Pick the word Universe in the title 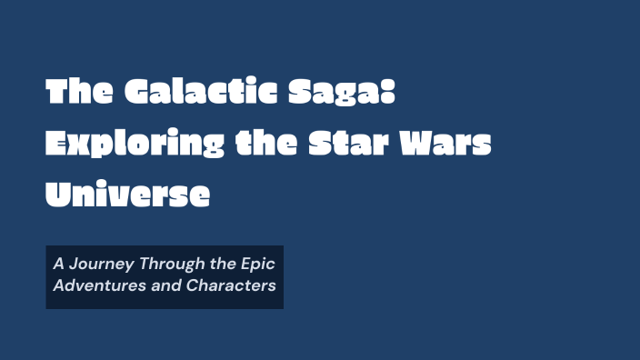click(128, 194)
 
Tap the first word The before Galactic click(77, 92)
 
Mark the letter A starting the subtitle click(58, 265)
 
